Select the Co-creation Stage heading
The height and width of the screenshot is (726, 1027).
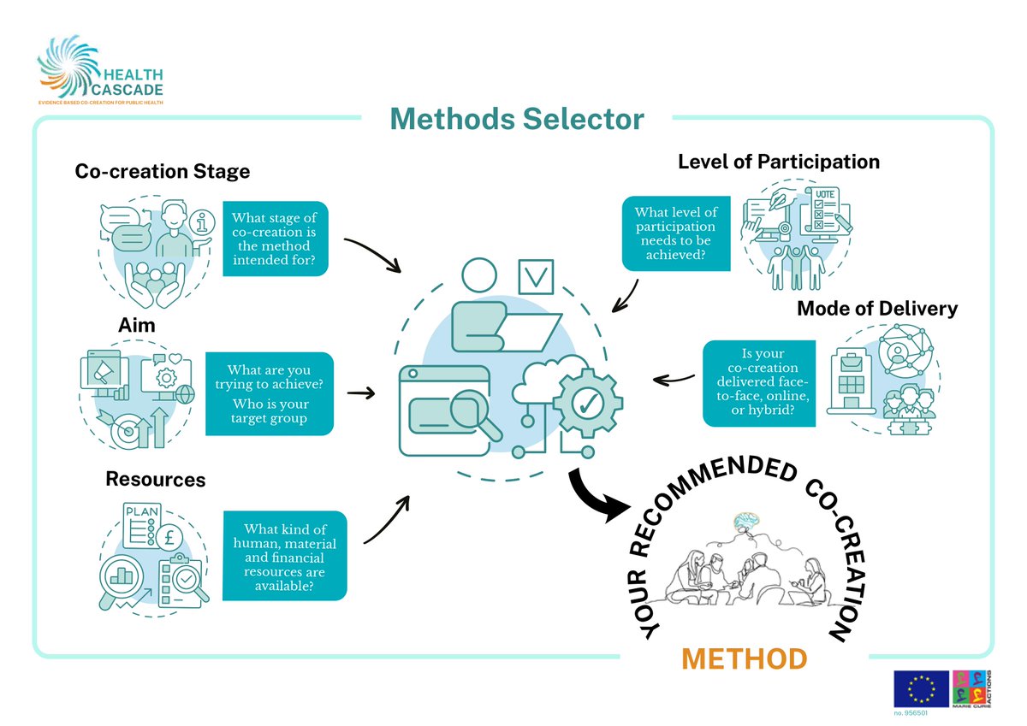coord(163,171)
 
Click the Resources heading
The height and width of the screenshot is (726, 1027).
coord(155,479)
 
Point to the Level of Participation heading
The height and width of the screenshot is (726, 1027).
coord(778,162)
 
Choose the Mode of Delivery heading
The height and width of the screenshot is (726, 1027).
coord(876,309)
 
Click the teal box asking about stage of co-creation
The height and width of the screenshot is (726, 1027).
coord(275,239)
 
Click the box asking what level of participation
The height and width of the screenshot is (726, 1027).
coord(676,233)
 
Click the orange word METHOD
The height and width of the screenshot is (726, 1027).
coord(744,659)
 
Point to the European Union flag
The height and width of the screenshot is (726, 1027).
coord(921,689)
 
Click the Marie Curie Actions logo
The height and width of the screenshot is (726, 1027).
coord(971,689)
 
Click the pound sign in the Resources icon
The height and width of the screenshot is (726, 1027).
coord(170,539)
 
